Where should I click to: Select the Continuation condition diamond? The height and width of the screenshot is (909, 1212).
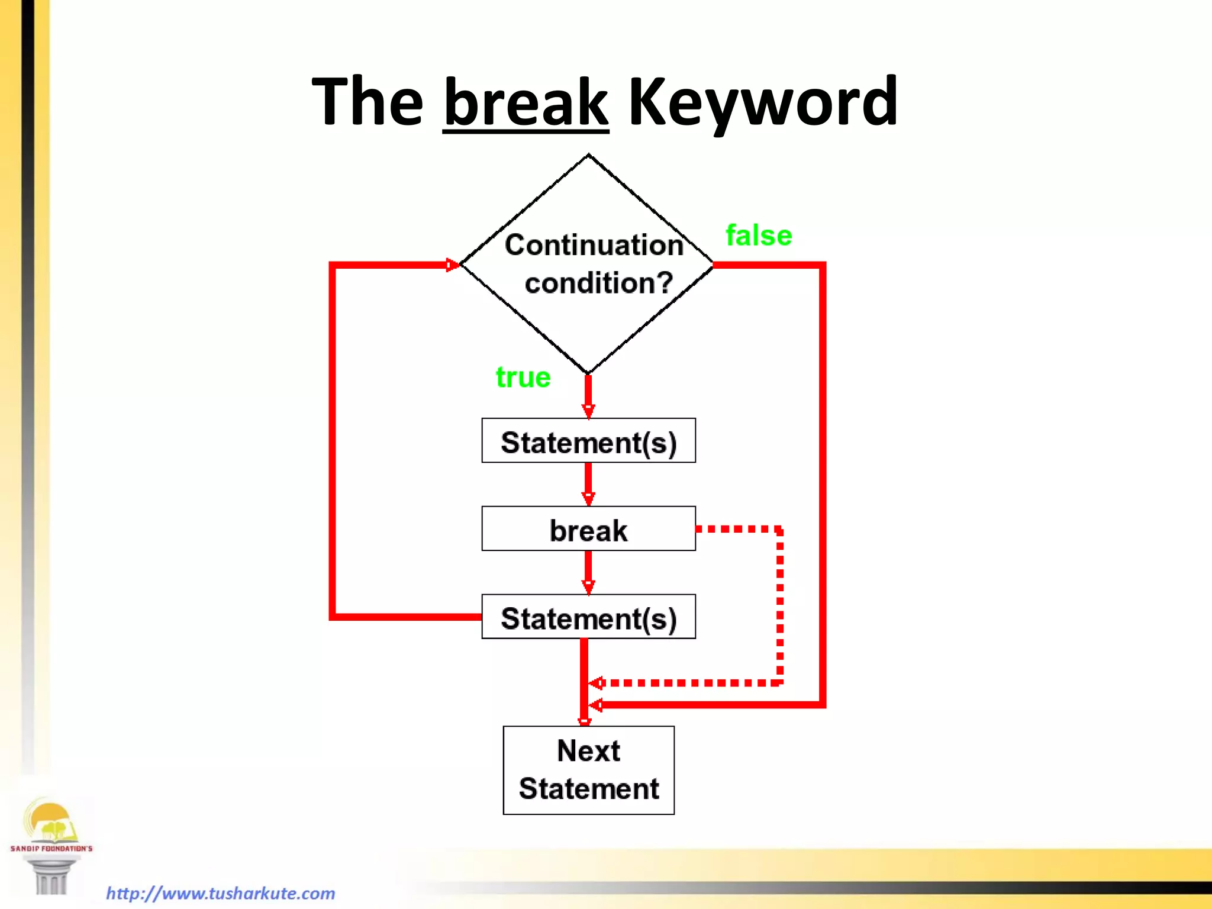[x=588, y=264]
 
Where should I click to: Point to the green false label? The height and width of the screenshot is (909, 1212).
[x=759, y=236]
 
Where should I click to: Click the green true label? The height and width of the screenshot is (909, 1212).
[x=523, y=377]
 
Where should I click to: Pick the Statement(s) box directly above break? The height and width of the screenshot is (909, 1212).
[x=588, y=441]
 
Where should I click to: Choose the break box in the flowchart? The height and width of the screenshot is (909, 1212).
[x=588, y=529]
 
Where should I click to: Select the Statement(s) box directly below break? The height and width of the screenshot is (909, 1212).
[x=588, y=617]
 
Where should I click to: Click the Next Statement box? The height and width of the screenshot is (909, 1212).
[x=588, y=770]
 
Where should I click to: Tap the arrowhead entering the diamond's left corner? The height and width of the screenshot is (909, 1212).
[x=452, y=265]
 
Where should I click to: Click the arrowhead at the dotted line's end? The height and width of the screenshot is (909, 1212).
[x=596, y=684]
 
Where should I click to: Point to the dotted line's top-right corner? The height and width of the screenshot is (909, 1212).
[x=779, y=529]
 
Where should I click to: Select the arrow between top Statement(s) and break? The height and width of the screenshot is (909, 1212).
[x=588, y=483]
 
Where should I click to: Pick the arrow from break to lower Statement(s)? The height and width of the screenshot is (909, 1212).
[x=588, y=572]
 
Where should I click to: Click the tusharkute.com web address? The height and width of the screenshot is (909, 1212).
[x=221, y=893]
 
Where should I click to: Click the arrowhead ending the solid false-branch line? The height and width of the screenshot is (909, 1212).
[x=596, y=705]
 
